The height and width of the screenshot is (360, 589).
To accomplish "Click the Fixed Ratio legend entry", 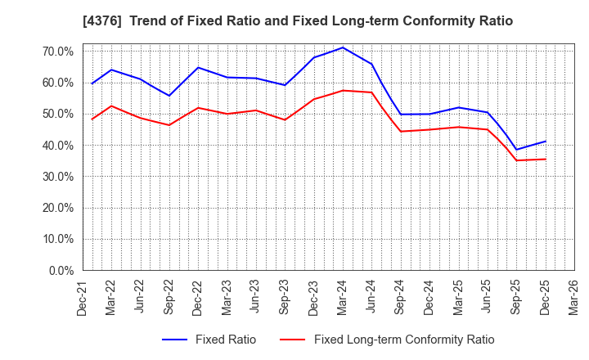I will point(209,340).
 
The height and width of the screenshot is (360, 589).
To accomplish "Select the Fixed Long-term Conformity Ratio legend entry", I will point(386,340).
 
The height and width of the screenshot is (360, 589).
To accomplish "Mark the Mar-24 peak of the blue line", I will point(343,47).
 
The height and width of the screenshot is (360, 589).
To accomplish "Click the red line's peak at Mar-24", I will point(343,90).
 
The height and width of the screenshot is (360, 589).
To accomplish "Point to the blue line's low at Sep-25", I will point(516,150).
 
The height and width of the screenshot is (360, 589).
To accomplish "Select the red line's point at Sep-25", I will point(516,160).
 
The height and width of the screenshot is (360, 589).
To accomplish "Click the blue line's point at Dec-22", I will point(198,67).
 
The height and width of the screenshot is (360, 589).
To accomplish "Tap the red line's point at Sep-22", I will point(169,125).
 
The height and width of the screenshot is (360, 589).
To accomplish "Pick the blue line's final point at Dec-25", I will point(545,141).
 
